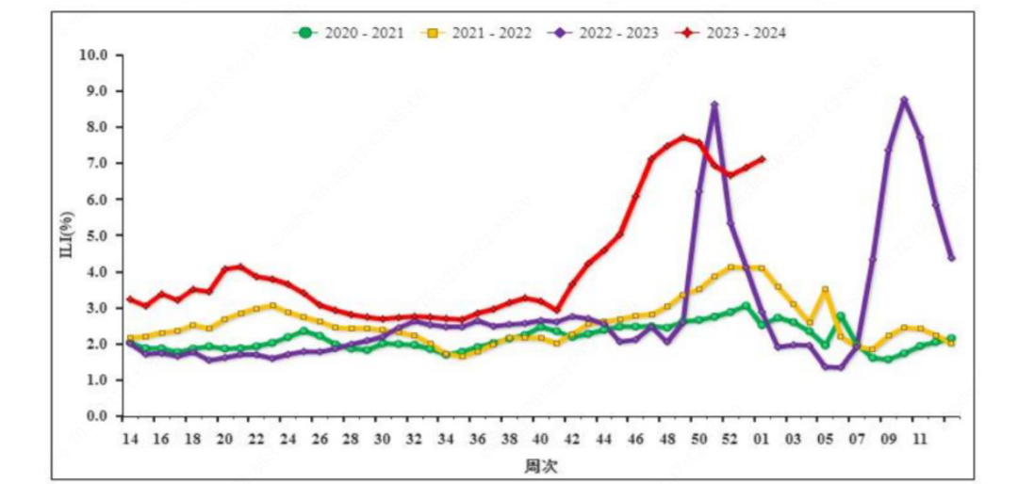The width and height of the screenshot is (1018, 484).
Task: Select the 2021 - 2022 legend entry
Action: coord(479,33)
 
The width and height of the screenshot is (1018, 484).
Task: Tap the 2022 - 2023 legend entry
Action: coord(606,33)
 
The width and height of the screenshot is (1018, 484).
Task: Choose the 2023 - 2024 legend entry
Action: coord(732,33)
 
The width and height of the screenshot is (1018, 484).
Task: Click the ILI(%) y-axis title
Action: coord(69,235)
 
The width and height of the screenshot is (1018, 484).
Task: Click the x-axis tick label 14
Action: coord(129,439)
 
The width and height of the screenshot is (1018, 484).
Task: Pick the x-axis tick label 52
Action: coord(731,439)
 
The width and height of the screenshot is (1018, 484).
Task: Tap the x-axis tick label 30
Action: coord(383,439)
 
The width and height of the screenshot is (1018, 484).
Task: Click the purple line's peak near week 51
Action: coord(714,105)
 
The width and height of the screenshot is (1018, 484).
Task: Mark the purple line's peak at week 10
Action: coord(904,99)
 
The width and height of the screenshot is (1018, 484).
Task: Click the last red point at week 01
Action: coord(762,159)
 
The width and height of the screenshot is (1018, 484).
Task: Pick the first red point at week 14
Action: coord(129,298)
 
